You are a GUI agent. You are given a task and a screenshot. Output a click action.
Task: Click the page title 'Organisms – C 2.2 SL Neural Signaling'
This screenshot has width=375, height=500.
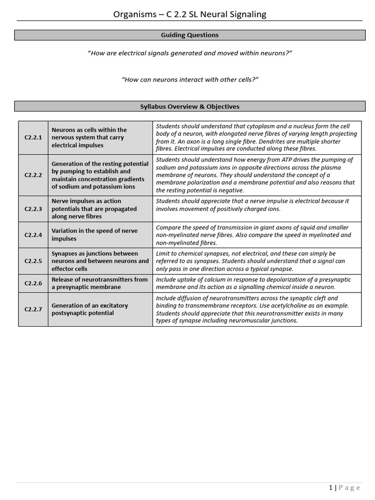[x=190, y=14]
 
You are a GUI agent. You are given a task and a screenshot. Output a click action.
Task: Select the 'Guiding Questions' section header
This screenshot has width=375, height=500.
[x=190, y=35]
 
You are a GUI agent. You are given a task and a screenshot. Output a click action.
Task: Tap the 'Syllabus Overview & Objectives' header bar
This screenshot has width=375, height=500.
[x=190, y=106]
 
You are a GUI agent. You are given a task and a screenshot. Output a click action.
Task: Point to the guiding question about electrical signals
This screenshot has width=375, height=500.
[x=190, y=53]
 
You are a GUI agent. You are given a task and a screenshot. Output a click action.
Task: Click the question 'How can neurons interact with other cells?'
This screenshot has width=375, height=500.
[x=190, y=80]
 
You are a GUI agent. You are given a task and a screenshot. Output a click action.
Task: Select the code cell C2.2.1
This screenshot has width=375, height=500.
[x=33, y=138]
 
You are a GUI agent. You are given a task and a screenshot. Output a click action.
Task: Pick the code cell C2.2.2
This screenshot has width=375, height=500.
[x=33, y=175]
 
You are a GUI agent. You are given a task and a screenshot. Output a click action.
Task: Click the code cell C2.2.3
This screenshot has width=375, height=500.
[x=33, y=209]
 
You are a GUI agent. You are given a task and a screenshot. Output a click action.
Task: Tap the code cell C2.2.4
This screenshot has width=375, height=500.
[x=33, y=235]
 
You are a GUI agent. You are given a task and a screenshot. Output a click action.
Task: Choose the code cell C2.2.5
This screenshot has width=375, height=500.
[x=33, y=261]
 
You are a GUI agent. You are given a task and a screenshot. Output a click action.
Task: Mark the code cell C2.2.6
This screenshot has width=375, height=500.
[x=33, y=283]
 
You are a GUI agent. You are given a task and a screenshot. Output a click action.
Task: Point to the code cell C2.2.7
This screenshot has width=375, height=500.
[x=33, y=310]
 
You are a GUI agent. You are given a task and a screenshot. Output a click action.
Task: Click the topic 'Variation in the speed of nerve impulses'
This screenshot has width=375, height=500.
[x=95, y=235]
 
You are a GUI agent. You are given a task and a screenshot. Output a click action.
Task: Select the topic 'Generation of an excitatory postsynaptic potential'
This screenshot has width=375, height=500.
[x=90, y=310]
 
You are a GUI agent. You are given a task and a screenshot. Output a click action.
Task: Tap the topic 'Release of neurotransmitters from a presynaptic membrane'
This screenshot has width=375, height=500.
[x=100, y=283]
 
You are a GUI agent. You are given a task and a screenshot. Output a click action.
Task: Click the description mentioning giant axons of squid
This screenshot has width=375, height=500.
[x=253, y=235]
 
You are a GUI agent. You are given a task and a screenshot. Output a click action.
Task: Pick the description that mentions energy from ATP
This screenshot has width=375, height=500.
[x=255, y=175]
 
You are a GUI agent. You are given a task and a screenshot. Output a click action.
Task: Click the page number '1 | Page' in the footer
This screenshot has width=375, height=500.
[x=344, y=488]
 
